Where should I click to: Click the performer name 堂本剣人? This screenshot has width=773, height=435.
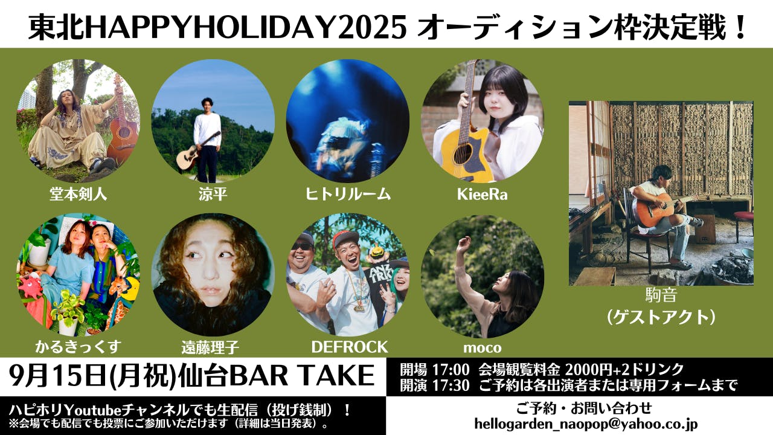tap(79, 195)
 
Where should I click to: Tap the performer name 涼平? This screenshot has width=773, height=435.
tap(213, 195)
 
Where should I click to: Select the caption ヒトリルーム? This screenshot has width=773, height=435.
tap(348, 194)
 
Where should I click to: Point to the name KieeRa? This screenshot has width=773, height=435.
tap(482, 195)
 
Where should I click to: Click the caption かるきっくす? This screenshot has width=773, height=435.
tap(79, 347)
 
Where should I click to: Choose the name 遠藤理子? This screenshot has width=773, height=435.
tap(210, 347)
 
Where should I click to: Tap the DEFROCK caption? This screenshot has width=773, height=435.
tap(350, 347)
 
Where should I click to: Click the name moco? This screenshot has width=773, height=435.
tap(482, 348)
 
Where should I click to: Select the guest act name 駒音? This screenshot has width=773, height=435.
tap(661, 295)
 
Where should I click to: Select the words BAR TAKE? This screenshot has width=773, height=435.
tap(302, 376)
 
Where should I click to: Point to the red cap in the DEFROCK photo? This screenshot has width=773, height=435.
tap(345, 239)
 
